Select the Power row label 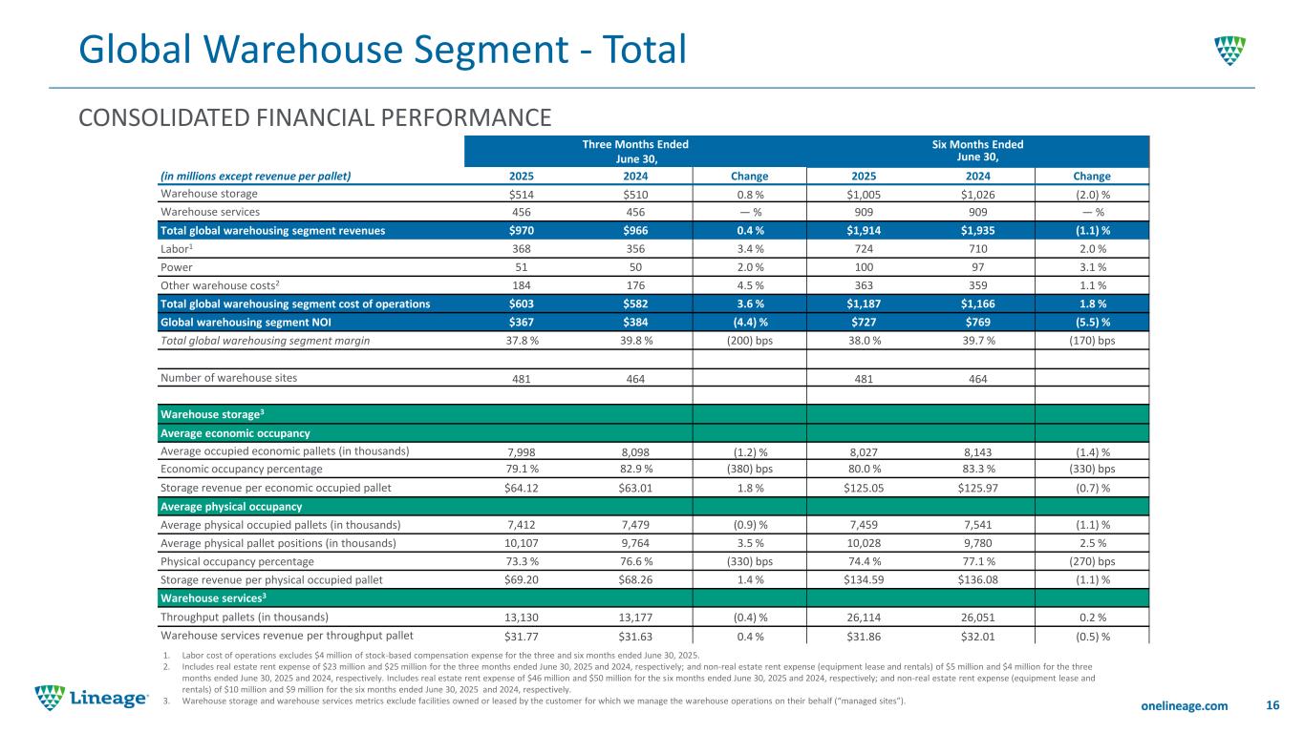coord(177,265)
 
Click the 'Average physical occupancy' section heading coord(231,506)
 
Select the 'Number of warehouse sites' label coord(228,377)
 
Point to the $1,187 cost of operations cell coord(863,304)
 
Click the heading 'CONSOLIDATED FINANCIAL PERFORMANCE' coord(314,117)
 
